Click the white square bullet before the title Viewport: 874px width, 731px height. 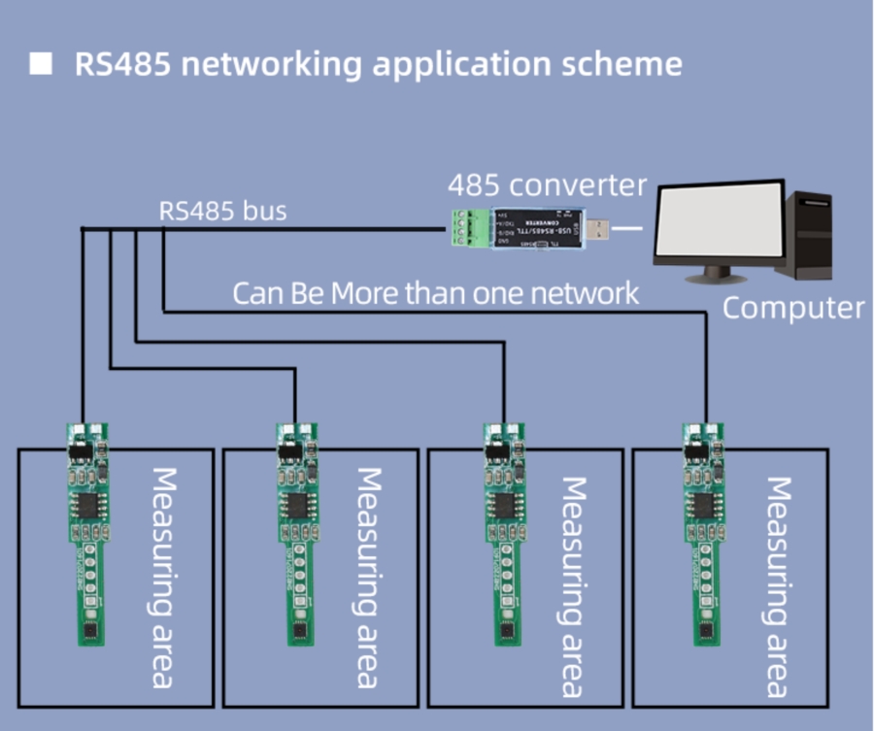(x=40, y=65)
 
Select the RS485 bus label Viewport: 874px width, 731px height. (x=222, y=211)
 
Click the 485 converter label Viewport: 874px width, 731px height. (x=546, y=184)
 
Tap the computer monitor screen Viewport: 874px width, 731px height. (x=718, y=223)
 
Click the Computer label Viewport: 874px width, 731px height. (x=792, y=309)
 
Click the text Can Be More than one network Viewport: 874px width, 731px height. (x=436, y=293)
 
